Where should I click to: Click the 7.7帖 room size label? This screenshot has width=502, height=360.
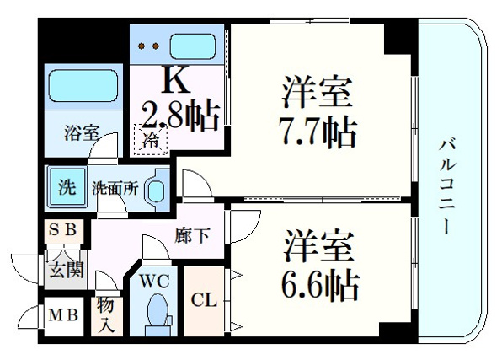coord(318,133)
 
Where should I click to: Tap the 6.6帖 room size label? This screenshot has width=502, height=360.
coord(320,285)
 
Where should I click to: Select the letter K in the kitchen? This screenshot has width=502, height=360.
coord(175,80)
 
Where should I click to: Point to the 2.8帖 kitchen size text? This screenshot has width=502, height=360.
coord(181,115)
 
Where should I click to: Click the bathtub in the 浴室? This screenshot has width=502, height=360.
coord(83,86)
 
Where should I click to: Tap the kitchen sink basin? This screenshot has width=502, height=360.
coord(192,46)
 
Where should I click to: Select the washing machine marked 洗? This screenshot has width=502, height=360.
coord(67,186)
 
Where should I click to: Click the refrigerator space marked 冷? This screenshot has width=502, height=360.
coord(151,140)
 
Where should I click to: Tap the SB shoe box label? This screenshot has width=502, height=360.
coord(62,229)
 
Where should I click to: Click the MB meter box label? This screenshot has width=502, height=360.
coord(63,315)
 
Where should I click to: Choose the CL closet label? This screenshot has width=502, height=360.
coord(204,301)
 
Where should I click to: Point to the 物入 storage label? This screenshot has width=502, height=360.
coord(106,315)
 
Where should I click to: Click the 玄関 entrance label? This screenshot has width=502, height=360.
coord(67,270)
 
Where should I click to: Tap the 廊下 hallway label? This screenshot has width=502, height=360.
coord(192,235)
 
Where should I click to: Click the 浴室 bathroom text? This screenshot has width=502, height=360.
coord(82,132)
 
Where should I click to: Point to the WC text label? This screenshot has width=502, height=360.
coord(154,282)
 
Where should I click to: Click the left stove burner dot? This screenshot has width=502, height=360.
coord(142,46)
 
